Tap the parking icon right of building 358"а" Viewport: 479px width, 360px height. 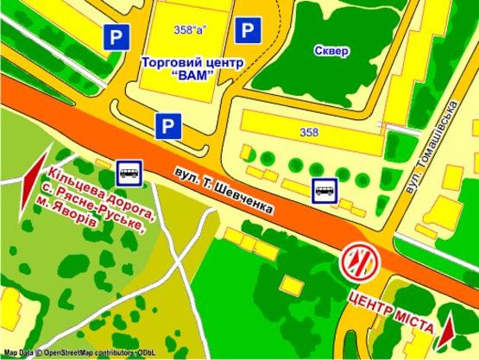click(x=249, y=33)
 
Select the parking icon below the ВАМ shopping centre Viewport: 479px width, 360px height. click(x=168, y=126)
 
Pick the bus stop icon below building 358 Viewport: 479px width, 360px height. click(x=325, y=188)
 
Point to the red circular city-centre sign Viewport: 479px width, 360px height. click(x=358, y=260)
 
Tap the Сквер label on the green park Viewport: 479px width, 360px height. click(x=332, y=51)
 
